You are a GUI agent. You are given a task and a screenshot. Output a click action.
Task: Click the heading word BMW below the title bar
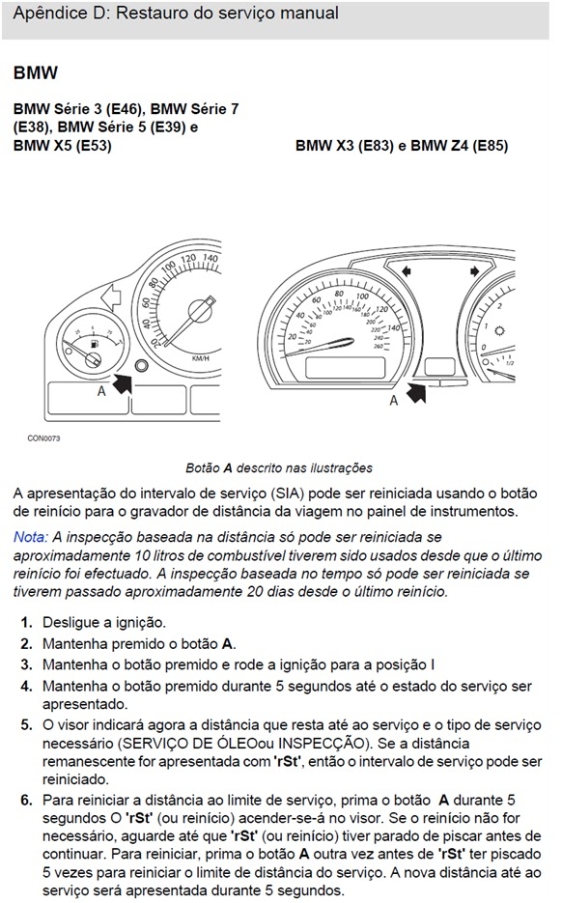[x=35, y=73]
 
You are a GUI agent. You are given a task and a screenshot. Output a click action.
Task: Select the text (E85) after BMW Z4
[x=490, y=146]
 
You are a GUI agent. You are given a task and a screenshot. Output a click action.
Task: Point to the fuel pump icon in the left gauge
[x=95, y=345]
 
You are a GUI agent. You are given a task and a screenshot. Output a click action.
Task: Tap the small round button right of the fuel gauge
[x=140, y=364]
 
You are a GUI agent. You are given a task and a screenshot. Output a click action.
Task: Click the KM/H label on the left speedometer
[x=200, y=358]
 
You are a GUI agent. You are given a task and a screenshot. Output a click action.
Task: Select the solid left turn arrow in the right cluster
[x=407, y=271]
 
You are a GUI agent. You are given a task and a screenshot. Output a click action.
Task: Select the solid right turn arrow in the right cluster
[x=474, y=271]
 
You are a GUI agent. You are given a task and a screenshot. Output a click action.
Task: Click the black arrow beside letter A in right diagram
[x=416, y=393]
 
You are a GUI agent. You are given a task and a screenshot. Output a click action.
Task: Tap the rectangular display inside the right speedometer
[x=346, y=367]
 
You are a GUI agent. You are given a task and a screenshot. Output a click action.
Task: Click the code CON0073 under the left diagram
[x=43, y=438]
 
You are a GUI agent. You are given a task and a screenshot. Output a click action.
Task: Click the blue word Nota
[x=31, y=537]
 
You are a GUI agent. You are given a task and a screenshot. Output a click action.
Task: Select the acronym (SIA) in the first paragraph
[x=288, y=494]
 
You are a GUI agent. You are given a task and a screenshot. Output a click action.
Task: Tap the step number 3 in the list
[x=26, y=664]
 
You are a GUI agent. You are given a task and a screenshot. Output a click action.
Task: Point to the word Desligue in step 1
[x=71, y=623]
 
